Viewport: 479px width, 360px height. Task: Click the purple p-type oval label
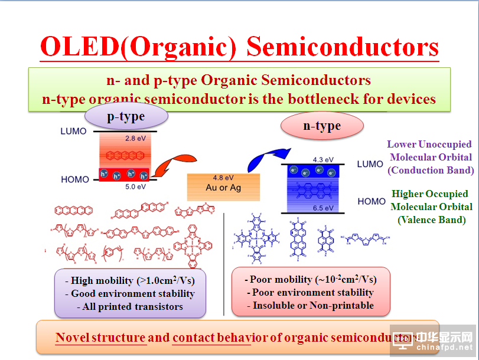pos(126,116)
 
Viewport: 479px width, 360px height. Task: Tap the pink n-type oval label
pos(321,126)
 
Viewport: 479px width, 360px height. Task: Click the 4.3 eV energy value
pos(322,159)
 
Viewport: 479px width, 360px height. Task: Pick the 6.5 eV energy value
pos(322,208)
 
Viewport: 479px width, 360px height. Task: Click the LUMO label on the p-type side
pos(73,131)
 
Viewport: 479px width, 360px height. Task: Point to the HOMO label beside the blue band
pos(371,202)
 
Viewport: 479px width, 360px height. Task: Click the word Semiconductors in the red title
pos(343,46)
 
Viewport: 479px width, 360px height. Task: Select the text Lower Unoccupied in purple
pos(429,144)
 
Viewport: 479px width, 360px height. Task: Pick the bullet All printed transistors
pos(130,306)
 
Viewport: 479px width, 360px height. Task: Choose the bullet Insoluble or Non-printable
pos(310,305)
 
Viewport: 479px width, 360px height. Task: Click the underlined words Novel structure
pos(100,338)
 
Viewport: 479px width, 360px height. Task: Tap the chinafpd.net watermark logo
pos(434,341)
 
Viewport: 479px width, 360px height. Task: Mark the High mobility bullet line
pos(130,280)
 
